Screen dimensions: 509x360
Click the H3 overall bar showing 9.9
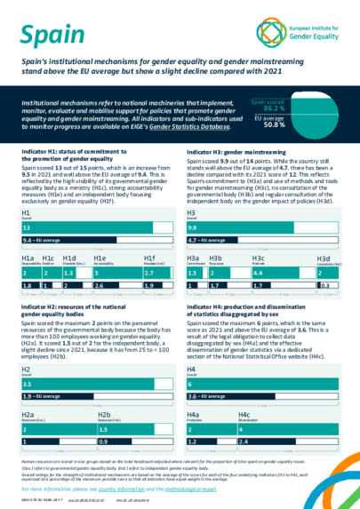coord(263,228)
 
